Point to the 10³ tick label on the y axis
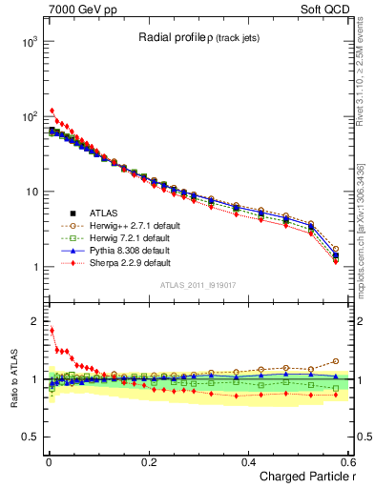point(27,43)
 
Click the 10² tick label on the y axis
point(27,117)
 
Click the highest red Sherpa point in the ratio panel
point(52,331)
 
